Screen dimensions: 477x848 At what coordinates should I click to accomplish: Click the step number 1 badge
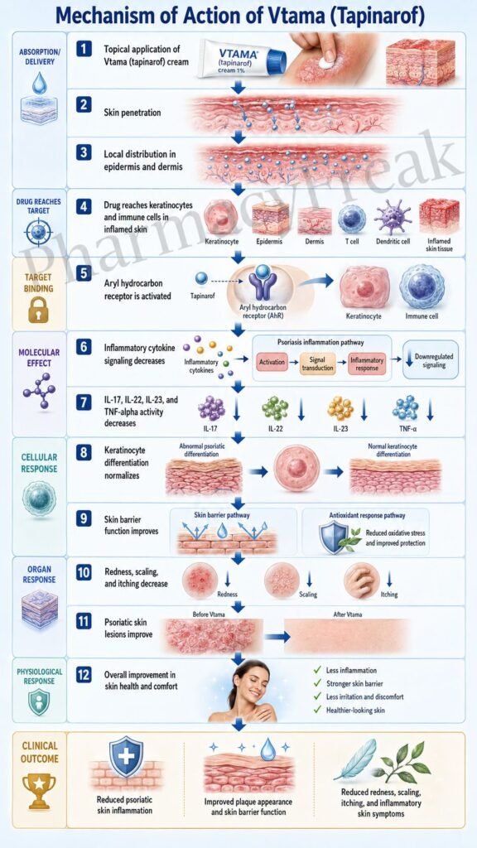(x=84, y=49)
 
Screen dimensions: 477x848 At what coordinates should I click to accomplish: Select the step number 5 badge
(x=84, y=273)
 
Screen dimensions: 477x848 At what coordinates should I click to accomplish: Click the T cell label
(x=351, y=241)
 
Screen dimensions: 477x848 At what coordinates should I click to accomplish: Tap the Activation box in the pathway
(x=272, y=362)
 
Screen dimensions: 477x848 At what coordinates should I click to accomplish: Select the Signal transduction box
(x=317, y=362)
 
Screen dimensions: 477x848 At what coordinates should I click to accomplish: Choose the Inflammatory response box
(x=367, y=362)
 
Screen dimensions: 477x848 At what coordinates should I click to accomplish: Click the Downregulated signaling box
(x=431, y=360)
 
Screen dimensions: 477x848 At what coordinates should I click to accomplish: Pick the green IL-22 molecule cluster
(x=275, y=409)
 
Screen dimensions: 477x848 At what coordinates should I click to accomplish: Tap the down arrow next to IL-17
(x=236, y=412)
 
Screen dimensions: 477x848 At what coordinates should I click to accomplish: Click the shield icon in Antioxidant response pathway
(x=333, y=537)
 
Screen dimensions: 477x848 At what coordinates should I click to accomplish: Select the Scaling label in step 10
(x=308, y=595)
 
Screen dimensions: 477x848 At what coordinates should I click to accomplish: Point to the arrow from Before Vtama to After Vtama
(x=277, y=637)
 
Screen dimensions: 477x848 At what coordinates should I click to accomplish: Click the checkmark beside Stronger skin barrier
(x=317, y=682)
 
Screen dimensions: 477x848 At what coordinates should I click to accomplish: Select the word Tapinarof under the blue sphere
(x=201, y=296)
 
